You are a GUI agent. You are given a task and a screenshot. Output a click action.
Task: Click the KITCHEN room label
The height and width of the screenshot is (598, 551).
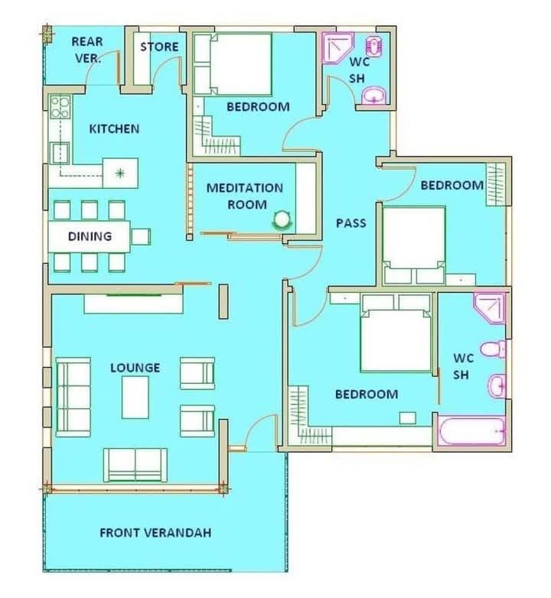point(114,129)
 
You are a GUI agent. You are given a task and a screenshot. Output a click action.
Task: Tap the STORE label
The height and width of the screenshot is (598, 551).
point(159,47)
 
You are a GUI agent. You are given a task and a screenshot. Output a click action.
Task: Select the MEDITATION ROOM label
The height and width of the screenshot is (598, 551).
point(245,196)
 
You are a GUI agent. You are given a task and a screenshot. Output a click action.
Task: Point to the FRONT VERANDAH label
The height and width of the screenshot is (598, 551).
point(155,533)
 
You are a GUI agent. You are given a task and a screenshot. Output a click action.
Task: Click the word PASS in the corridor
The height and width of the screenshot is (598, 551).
point(351,223)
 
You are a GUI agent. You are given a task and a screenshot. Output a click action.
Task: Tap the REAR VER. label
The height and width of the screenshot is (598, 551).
point(87,50)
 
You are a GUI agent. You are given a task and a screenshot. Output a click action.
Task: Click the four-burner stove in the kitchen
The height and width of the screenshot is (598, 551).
point(60,107)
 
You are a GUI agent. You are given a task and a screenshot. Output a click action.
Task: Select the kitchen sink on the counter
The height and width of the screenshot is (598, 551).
point(60,153)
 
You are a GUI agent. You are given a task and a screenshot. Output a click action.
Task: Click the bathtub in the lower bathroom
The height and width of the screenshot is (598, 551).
point(472,431)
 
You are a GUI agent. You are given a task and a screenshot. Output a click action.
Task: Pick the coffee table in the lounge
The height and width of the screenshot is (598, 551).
point(135,397)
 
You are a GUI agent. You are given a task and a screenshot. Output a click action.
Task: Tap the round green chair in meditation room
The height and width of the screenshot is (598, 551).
point(282,220)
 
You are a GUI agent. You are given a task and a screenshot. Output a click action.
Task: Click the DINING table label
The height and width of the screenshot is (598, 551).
point(90,236)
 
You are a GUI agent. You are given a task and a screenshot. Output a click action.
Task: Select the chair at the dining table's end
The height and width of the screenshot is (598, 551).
point(141,236)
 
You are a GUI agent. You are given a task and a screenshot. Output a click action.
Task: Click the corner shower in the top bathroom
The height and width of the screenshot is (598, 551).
point(337,47)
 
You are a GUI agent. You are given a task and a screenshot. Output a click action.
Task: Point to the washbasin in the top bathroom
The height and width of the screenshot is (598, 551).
point(373,96)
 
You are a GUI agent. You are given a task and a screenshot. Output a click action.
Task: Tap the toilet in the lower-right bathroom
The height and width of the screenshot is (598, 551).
point(493,349)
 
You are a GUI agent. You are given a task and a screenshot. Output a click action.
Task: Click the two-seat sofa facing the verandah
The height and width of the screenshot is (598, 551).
point(135,465)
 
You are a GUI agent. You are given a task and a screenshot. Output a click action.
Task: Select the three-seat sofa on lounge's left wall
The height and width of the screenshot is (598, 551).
point(73,397)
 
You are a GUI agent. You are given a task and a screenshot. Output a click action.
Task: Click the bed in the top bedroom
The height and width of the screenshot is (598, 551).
point(233,64)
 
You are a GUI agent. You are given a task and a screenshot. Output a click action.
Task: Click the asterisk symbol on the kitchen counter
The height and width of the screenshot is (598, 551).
point(120,174)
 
